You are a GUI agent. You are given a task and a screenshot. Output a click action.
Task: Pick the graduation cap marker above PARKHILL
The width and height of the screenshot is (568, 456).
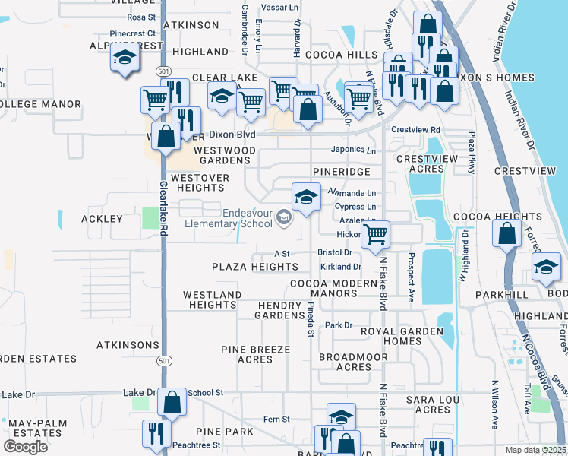coord(544,267)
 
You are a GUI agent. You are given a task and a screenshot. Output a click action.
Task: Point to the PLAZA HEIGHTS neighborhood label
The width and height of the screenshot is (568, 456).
coord(254,267)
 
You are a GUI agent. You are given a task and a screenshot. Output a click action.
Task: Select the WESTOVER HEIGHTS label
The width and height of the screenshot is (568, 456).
coord(200,182)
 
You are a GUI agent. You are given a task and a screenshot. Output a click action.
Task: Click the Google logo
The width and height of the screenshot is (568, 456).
coord(25,447)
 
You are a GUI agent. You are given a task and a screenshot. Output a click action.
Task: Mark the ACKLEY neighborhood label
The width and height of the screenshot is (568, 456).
coord(102,219)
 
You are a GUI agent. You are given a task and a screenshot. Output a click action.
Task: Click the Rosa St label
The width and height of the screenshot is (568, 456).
coord(141,17)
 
